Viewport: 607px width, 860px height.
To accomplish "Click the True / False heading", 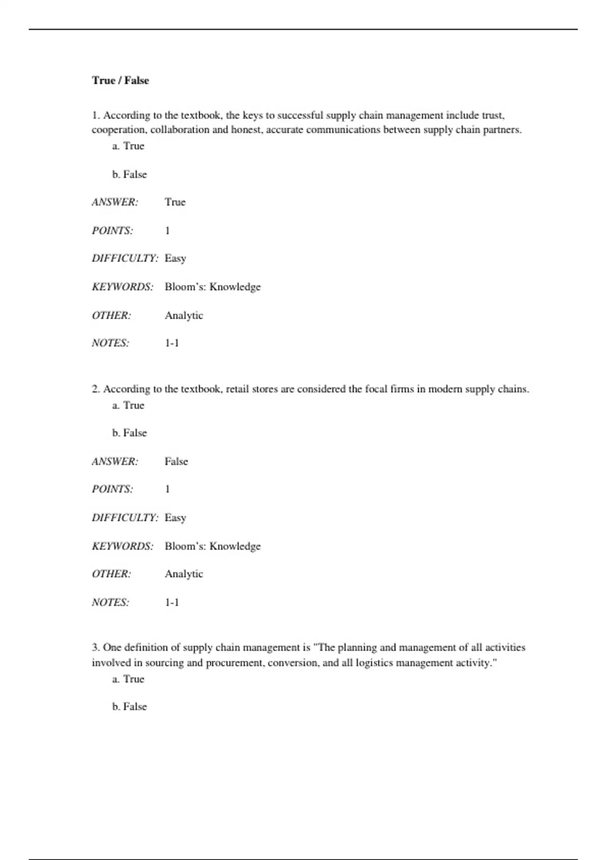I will [120, 80].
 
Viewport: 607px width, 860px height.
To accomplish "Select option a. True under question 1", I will [128, 146].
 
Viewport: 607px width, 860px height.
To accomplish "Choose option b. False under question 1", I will [129, 174].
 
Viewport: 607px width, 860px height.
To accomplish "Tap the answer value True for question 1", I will [175, 202].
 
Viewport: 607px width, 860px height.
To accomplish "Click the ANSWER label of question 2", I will [115, 461].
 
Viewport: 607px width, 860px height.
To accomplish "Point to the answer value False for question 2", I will [176, 461].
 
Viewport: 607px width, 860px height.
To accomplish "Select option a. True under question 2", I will [128, 405].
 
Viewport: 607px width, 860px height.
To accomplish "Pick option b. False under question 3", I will [129, 706].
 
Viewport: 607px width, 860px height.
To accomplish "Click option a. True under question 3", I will [128, 679].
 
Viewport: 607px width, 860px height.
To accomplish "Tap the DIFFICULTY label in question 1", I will [125, 258].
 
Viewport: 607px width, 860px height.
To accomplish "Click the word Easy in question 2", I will [176, 518].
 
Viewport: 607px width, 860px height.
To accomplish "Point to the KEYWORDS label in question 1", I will [122, 287].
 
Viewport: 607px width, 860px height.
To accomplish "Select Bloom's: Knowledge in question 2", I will [212, 546].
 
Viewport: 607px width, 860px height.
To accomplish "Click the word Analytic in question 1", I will [184, 315].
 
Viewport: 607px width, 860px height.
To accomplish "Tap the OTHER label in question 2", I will [111, 574].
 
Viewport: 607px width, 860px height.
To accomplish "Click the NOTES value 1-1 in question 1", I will [172, 343].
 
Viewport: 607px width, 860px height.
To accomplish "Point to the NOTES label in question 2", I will [110, 602].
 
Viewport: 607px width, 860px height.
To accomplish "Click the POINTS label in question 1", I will [112, 231].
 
